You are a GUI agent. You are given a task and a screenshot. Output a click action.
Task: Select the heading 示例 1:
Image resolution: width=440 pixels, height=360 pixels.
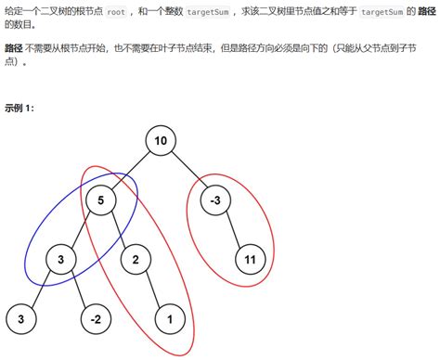[19, 109]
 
